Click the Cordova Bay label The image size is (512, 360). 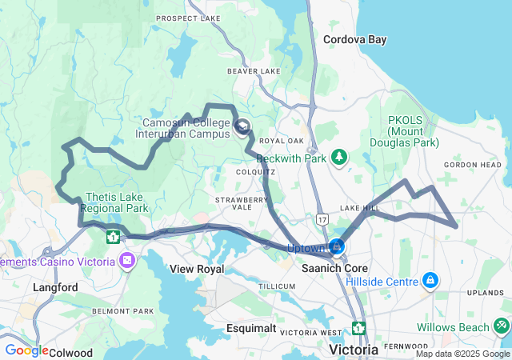(354, 38)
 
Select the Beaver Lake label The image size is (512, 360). (254, 71)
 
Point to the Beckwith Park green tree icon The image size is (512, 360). (339, 156)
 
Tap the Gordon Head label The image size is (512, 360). (473, 165)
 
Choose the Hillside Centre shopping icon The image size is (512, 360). (430, 280)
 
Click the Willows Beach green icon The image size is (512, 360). (501, 326)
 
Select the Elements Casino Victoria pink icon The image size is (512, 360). (126, 261)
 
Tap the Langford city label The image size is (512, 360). (55, 287)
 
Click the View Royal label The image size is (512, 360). (197, 269)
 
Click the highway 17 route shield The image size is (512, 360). (322, 218)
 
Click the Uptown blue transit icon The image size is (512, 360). (338, 246)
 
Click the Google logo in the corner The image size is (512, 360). (26, 350)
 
